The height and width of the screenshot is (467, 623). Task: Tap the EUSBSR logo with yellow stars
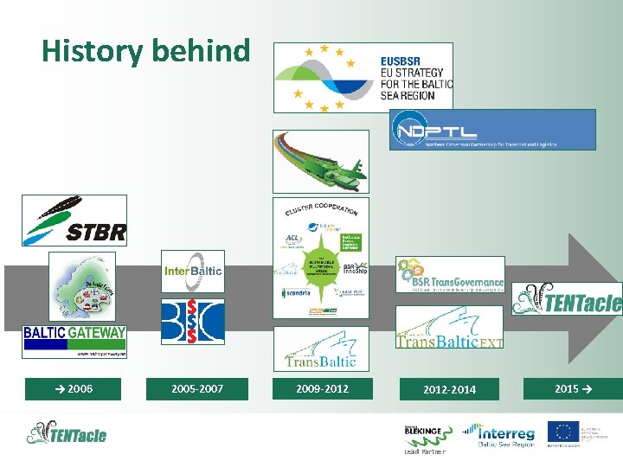(363, 78)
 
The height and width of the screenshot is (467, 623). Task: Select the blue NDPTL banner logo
(491, 130)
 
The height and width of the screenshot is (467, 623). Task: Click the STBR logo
(74, 221)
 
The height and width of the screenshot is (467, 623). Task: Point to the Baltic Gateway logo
(74, 341)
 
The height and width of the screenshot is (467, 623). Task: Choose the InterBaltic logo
(193, 272)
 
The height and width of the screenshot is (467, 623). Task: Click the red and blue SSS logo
(193, 322)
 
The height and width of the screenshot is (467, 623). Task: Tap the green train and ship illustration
(320, 162)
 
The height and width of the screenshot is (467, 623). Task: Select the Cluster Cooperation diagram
(320, 259)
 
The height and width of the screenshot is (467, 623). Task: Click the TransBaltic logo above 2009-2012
(320, 349)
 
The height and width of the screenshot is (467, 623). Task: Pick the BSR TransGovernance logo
(450, 275)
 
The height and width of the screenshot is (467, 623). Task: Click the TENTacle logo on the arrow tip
(567, 300)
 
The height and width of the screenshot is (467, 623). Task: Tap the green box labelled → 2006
(74, 388)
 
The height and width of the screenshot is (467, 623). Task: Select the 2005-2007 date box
(197, 388)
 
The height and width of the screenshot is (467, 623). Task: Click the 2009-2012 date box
(322, 388)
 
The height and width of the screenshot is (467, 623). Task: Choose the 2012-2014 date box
(449, 389)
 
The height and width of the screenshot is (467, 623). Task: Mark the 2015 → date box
(573, 388)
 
